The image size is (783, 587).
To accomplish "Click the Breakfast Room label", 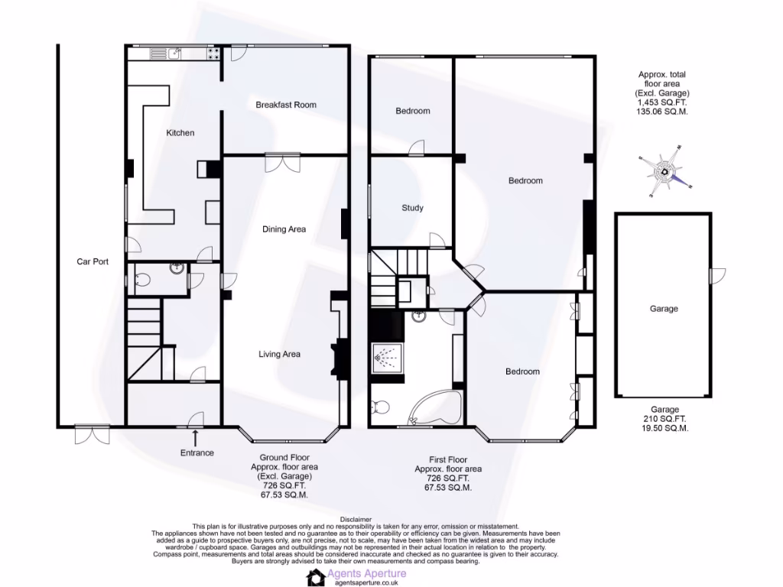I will (286, 105).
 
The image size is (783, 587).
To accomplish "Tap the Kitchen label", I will (180, 133).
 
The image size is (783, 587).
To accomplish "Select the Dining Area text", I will (284, 229).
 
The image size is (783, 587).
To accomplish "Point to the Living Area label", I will (279, 354).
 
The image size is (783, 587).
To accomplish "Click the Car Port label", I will (93, 261).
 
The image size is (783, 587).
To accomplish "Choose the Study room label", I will (412, 208).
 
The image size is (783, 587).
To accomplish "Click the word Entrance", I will (197, 452).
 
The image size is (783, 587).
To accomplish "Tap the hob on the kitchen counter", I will (212, 53).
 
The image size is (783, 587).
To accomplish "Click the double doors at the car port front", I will (92, 434).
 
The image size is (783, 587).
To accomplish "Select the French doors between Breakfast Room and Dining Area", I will (282, 161).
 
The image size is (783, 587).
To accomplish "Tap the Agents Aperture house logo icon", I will (316, 577).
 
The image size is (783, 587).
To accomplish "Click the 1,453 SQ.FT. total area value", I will (663, 102).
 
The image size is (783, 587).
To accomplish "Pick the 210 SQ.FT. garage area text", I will (663, 419).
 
